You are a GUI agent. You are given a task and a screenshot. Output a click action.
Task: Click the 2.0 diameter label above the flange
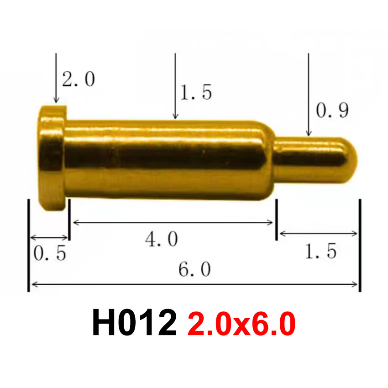pyautogui.click(x=79, y=79)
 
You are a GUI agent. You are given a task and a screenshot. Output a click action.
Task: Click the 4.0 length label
pyautogui.click(x=161, y=239)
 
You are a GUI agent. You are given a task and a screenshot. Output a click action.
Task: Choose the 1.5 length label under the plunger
pyautogui.click(x=320, y=251)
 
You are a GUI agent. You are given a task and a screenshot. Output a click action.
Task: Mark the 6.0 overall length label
pyautogui.click(x=194, y=270)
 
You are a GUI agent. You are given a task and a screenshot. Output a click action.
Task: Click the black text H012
pyautogui.click(x=134, y=323)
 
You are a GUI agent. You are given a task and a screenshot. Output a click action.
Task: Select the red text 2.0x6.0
pyautogui.click(x=241, y=324)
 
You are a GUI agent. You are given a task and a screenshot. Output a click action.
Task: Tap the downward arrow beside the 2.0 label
pyautogui.click(x=56, y=78)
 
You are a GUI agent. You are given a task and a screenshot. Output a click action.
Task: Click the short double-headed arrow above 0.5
pyautogui.click(x=49, y=237)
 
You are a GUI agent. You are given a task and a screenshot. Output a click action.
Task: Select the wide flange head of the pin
pyautogui.click(x=51, y=157)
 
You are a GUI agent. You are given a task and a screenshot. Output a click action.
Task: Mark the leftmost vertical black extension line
pyautogui.click(x=29, y=245)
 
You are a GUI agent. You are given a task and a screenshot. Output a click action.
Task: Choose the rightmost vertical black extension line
pyautogui.click(x=360, y=245)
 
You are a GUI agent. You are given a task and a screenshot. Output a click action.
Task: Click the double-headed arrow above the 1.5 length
pyautogui.click(x=318, y=234)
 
